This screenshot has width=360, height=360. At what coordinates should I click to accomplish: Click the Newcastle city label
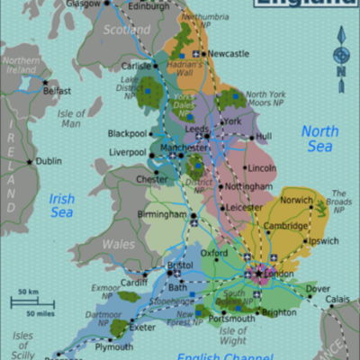point(229,53)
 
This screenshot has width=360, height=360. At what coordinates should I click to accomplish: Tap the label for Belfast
point(56,91)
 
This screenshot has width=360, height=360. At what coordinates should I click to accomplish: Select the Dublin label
point(49,161)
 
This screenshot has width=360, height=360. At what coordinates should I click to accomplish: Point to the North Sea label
point(319,139)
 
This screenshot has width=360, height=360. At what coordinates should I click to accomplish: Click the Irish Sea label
point(61,205)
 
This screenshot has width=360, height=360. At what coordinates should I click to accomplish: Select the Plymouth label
point(113,346)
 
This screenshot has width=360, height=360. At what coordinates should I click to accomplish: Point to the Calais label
point(338,300)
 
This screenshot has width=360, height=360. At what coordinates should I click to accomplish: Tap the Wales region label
point(118,244)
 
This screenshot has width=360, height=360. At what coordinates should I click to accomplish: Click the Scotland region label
point(126,30)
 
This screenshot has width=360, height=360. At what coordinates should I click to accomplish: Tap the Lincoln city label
point(261,167)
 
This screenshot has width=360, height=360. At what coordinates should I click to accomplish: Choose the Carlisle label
point(137,66)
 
